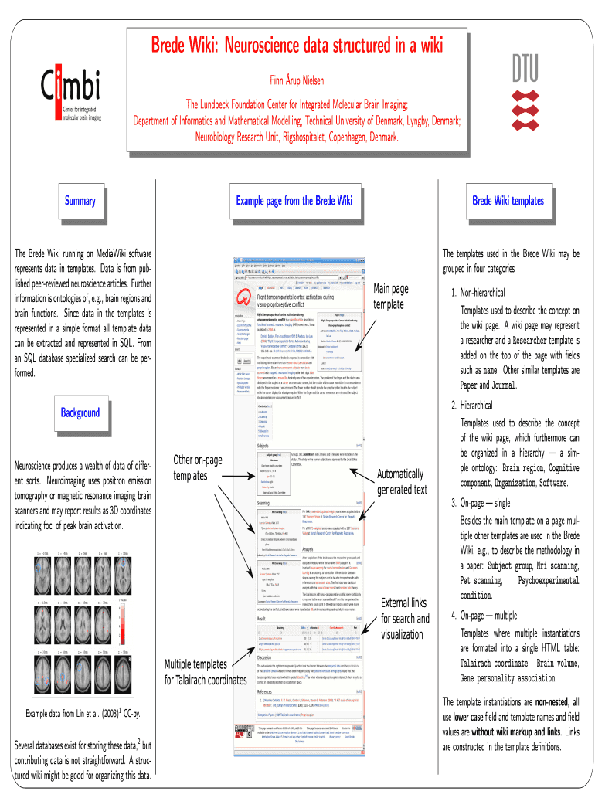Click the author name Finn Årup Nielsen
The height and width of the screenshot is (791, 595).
[297, 80]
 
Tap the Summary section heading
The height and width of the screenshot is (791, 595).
[80, 202]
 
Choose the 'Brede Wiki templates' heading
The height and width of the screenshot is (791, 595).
[508, 201]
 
